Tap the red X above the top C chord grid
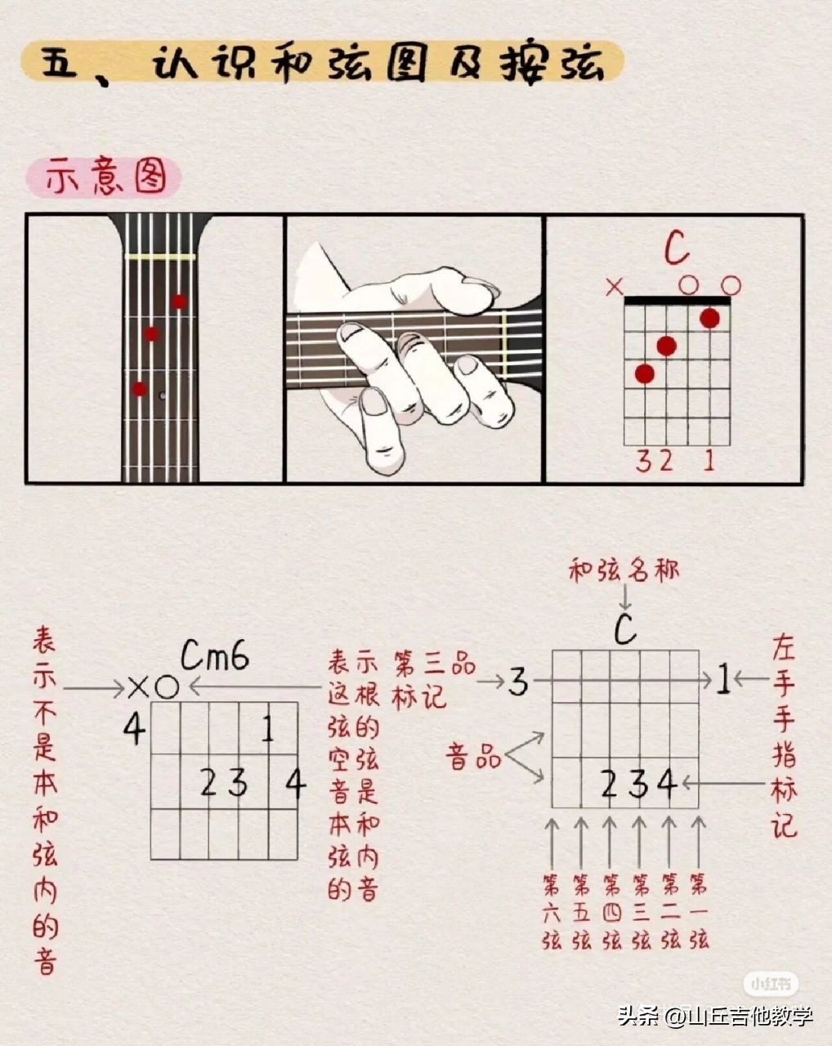[x=615, y=287]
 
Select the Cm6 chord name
[x=215, y=655]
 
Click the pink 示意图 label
[x=104, y=178]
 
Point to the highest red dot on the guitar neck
[x=180, y=302]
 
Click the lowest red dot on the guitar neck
[x=140, y=389]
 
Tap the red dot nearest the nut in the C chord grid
[x=710, y=319]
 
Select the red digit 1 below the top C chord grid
[x=709, y=461]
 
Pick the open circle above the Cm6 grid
[x=167, y=688]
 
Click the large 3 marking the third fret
[x=518, y=682]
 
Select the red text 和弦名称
[x=624, y=571]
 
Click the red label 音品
[x=473, y=758]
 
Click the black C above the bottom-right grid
[x=625, y=630]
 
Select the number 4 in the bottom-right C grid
[x=667, y=783]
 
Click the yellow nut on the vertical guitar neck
[x=160, y=257]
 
